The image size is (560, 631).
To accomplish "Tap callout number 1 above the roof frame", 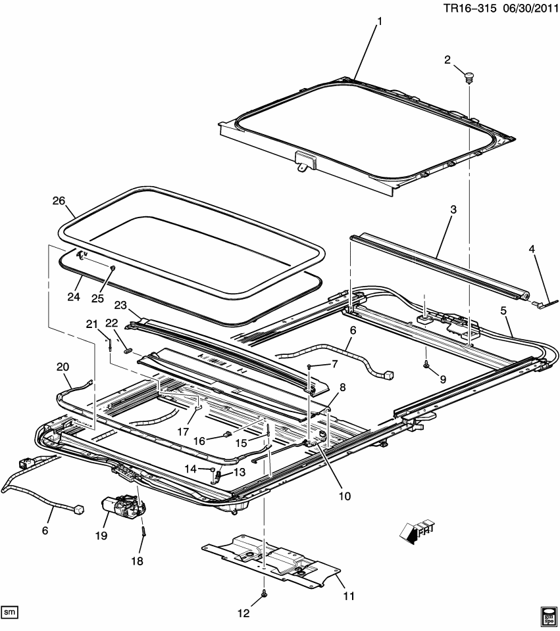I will [379, 22].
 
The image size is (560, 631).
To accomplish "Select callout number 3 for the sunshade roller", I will [453, 210].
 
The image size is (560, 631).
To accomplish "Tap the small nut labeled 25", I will [114, 268].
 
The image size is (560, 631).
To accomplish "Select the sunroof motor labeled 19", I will [119, 507].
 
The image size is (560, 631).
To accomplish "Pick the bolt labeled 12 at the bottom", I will [263, 594].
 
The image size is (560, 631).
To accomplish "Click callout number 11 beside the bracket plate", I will [349, 596].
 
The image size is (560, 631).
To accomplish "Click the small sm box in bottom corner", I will [9, 612].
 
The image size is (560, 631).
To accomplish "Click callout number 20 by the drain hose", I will [63, 367].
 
